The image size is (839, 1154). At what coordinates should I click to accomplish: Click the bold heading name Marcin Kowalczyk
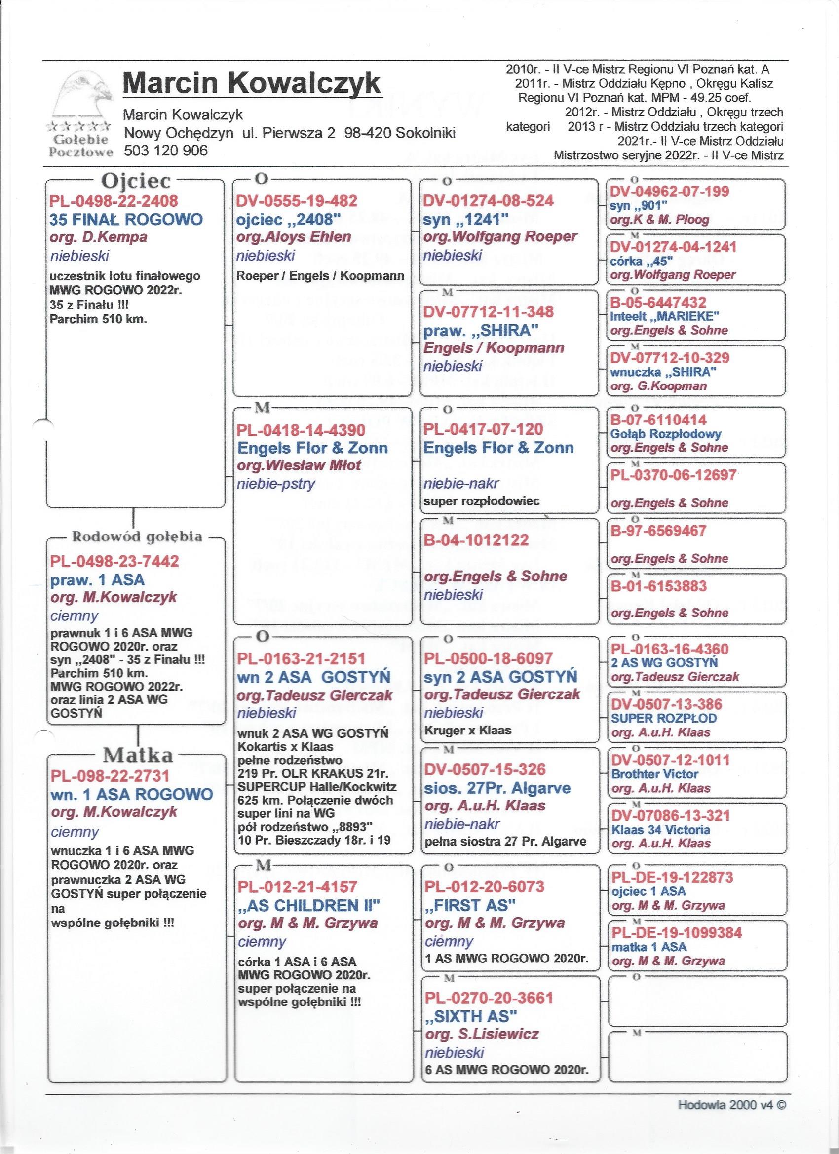coord(251,81)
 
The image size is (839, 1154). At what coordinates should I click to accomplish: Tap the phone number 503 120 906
coord(166,150)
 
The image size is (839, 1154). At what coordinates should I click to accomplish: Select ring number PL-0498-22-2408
coord(114,200)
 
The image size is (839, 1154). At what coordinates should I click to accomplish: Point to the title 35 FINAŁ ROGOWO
coord(126,219)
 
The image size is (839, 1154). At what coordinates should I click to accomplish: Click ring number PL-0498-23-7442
coord(114,561)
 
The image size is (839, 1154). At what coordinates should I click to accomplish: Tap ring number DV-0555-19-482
coord(297,200)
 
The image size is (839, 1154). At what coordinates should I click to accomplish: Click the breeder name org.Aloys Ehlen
coord(294,236)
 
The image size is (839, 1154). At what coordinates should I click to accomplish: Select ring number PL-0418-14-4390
coord(301,430)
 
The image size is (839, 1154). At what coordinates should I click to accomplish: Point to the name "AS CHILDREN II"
coord(309,905)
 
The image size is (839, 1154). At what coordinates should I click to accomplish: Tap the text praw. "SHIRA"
coord(481,331)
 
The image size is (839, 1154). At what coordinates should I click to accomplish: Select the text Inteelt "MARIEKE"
coord(664,316)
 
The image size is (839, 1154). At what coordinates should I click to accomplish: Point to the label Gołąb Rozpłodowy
coord(665,434)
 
